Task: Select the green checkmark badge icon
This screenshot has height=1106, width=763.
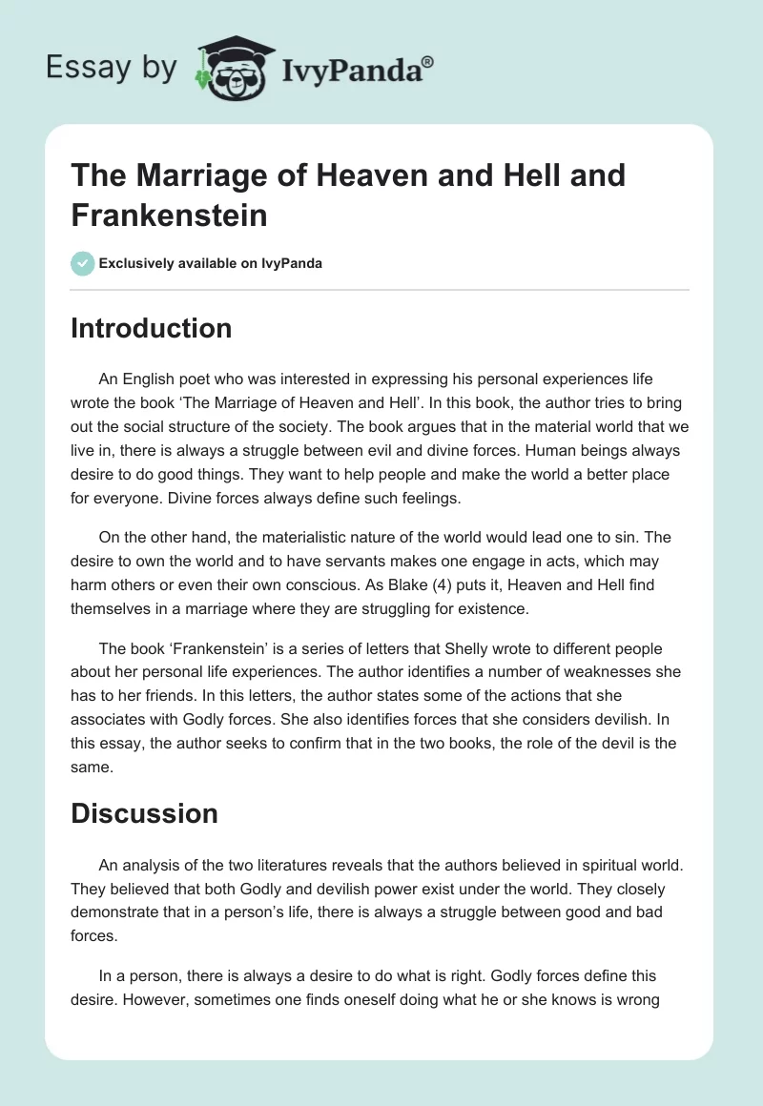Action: pyautogui.click(x=82, y=263)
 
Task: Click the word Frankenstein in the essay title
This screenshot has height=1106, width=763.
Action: pyautogui.click(x=169, y=215)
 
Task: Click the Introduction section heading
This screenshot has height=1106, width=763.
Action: pyautogui.click(x=152, y=328)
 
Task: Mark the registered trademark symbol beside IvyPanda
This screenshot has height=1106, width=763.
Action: pyautogui.click(x=428, y=60)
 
